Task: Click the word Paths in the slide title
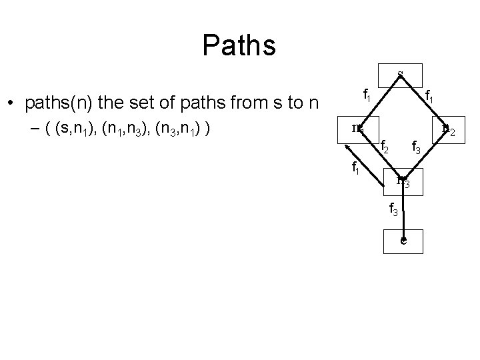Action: click(x=239, y=45)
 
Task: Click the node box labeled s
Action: click(x=400, y=73)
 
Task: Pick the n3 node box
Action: click(x=403, y=179)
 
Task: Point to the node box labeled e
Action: click(x=403, y=240)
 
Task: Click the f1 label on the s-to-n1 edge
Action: click(x=367, y=95)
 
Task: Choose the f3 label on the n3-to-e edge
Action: click(x=394, y=210)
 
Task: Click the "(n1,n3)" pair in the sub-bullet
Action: click(x=125, y=128)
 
